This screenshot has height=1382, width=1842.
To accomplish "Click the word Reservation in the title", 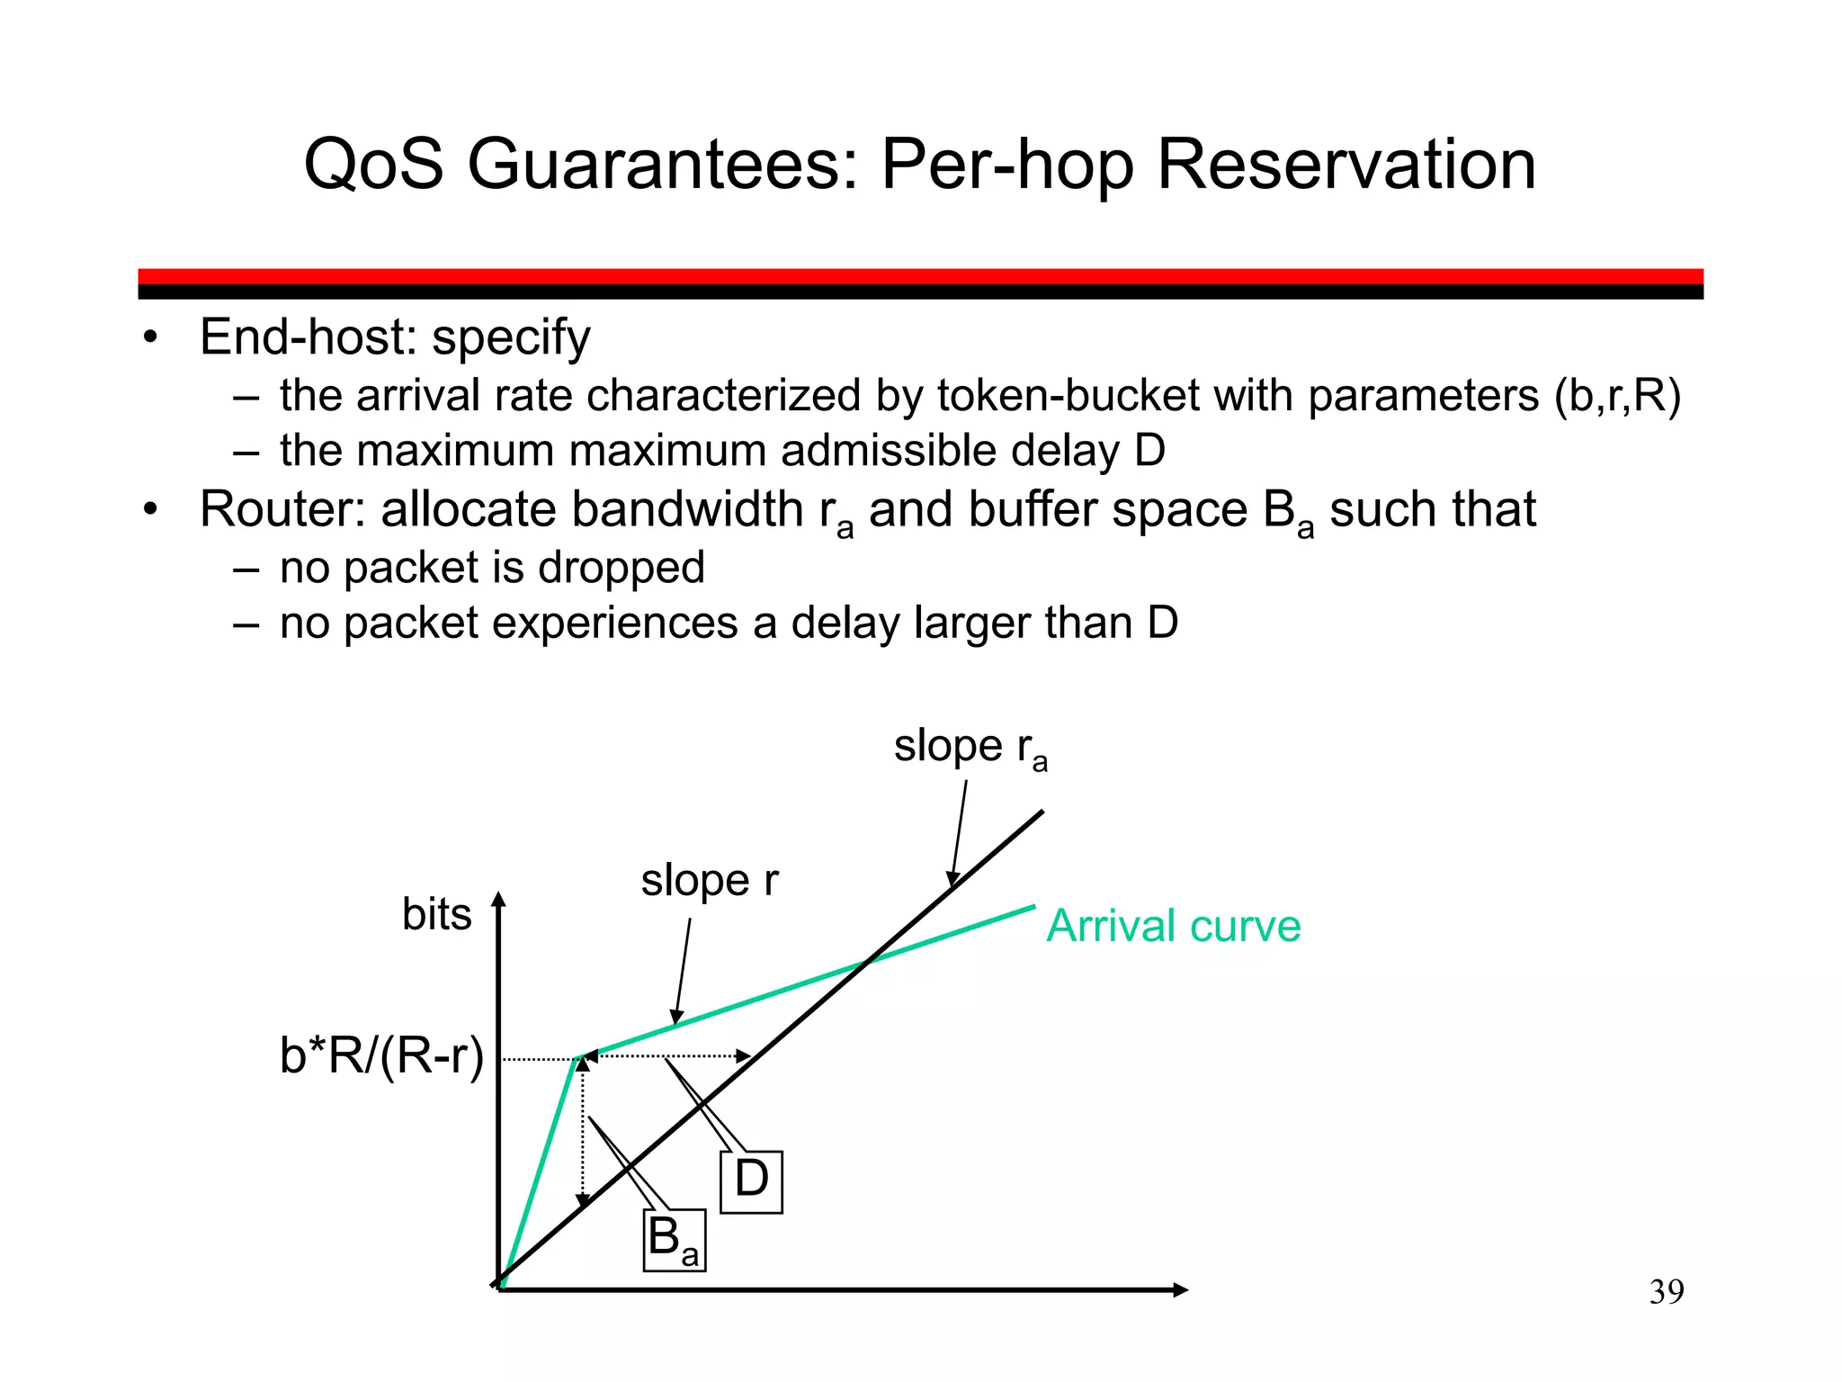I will [x=1346, y=165].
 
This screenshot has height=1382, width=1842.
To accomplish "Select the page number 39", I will [x=1667, y=1292].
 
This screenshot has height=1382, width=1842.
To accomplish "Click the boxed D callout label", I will [x=752, y=1180].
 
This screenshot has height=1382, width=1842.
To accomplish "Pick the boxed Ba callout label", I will [x=674, y=1240].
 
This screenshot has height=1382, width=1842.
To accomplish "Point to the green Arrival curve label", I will [x=1173, y=926].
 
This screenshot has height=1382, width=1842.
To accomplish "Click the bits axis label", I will [x=436, y=914].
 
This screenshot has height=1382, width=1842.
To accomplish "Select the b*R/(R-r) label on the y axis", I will [x=381, y=1056].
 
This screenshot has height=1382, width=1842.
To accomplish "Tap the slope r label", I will [x=709, y=880].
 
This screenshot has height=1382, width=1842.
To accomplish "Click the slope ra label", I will [x=970, y=748].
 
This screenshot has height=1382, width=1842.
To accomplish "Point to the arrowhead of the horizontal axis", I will [x=1180, y=1290].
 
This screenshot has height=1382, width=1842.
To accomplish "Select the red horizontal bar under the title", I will [x=920, y=276].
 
